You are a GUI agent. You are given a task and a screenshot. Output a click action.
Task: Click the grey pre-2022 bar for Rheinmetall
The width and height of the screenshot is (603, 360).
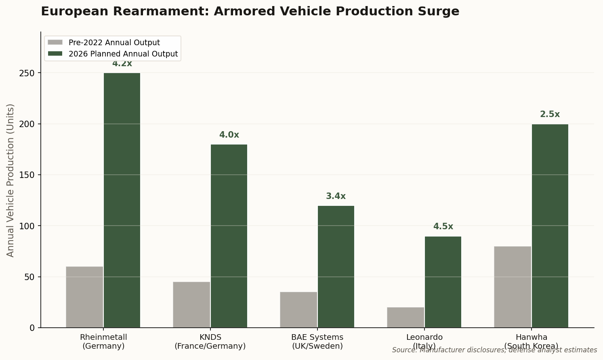point(84,297)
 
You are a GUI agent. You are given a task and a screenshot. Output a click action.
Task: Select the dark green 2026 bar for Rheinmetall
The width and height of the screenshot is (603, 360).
point(122,200)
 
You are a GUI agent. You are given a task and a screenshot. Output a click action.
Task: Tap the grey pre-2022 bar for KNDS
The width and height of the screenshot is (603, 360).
point(191,305)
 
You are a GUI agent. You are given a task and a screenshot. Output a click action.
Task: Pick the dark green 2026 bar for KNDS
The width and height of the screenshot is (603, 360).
point(229,236)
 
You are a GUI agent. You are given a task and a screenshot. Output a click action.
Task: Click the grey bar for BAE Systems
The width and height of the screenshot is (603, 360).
point(298,310)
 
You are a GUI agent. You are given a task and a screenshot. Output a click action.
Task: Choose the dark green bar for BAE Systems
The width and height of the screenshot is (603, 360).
point(336,267)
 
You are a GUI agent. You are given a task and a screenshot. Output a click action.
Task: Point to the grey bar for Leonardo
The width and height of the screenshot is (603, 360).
point(406,317)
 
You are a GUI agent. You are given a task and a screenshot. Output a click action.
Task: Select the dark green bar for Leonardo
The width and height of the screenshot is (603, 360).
point(443,282)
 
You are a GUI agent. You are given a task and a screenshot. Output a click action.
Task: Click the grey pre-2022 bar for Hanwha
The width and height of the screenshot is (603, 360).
point(513,287)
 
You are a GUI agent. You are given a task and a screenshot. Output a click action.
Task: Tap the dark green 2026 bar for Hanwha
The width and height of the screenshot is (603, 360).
point(550,226)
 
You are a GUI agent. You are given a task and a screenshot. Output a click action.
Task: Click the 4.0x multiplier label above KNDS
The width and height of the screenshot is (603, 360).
point(229,135)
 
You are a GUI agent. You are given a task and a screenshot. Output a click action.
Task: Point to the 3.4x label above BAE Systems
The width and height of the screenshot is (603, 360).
point(336,197)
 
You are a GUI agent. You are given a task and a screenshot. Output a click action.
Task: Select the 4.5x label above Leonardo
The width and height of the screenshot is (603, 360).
point(443,227)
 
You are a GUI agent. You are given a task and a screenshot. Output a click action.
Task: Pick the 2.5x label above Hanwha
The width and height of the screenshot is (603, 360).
point(550,115)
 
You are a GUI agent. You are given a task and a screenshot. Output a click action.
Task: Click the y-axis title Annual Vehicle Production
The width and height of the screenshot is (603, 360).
point(11,180)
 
